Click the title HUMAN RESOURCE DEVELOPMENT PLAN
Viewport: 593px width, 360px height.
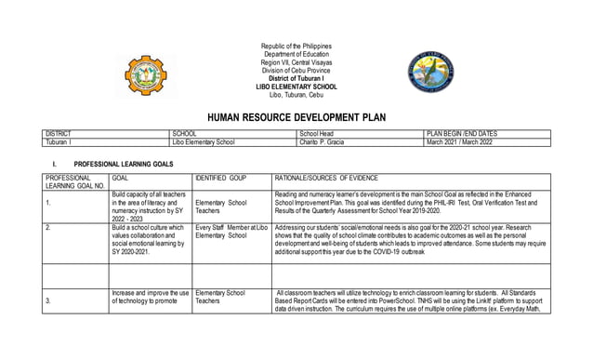pyautogui.click(x=296, y=118)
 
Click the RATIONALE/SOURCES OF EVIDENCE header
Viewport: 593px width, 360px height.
pyautogui.click(x=339, y=176)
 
